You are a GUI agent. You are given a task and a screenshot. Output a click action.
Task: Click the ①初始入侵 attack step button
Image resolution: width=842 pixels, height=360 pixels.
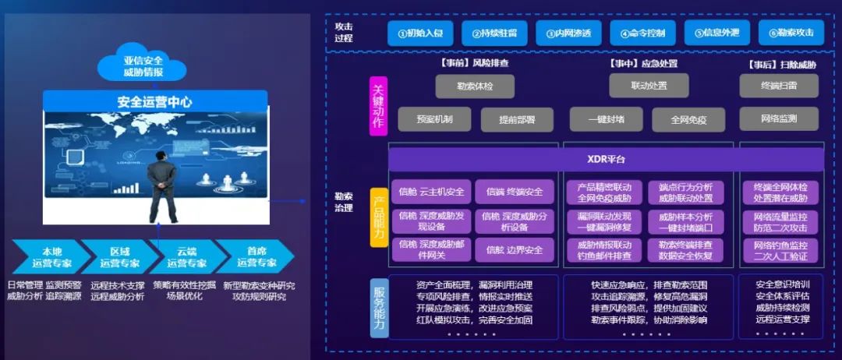420,33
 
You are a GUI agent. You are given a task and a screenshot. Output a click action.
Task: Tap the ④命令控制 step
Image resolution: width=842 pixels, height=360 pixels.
642,33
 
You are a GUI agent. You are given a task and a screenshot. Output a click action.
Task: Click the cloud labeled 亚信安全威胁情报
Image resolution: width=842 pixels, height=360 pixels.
143,65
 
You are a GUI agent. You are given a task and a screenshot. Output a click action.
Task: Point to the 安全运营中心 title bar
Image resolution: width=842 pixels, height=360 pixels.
154,101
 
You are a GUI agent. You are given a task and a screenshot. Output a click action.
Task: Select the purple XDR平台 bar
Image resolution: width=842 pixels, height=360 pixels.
606,160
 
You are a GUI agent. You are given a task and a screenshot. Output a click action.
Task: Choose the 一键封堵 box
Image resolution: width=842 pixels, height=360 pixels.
607,119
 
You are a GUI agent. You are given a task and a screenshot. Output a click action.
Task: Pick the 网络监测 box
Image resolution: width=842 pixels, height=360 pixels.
778,119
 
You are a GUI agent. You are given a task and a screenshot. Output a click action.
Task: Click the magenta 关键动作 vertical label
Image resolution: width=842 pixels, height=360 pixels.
378,106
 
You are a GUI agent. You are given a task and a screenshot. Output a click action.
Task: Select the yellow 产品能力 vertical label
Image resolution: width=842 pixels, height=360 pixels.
378,217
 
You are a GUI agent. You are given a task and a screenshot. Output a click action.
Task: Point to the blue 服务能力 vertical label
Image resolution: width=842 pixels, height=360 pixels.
379,307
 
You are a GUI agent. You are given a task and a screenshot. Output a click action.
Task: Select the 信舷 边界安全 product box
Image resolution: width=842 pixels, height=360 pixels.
514,250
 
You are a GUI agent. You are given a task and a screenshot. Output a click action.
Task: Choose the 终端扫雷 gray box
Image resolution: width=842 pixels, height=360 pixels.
778,86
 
